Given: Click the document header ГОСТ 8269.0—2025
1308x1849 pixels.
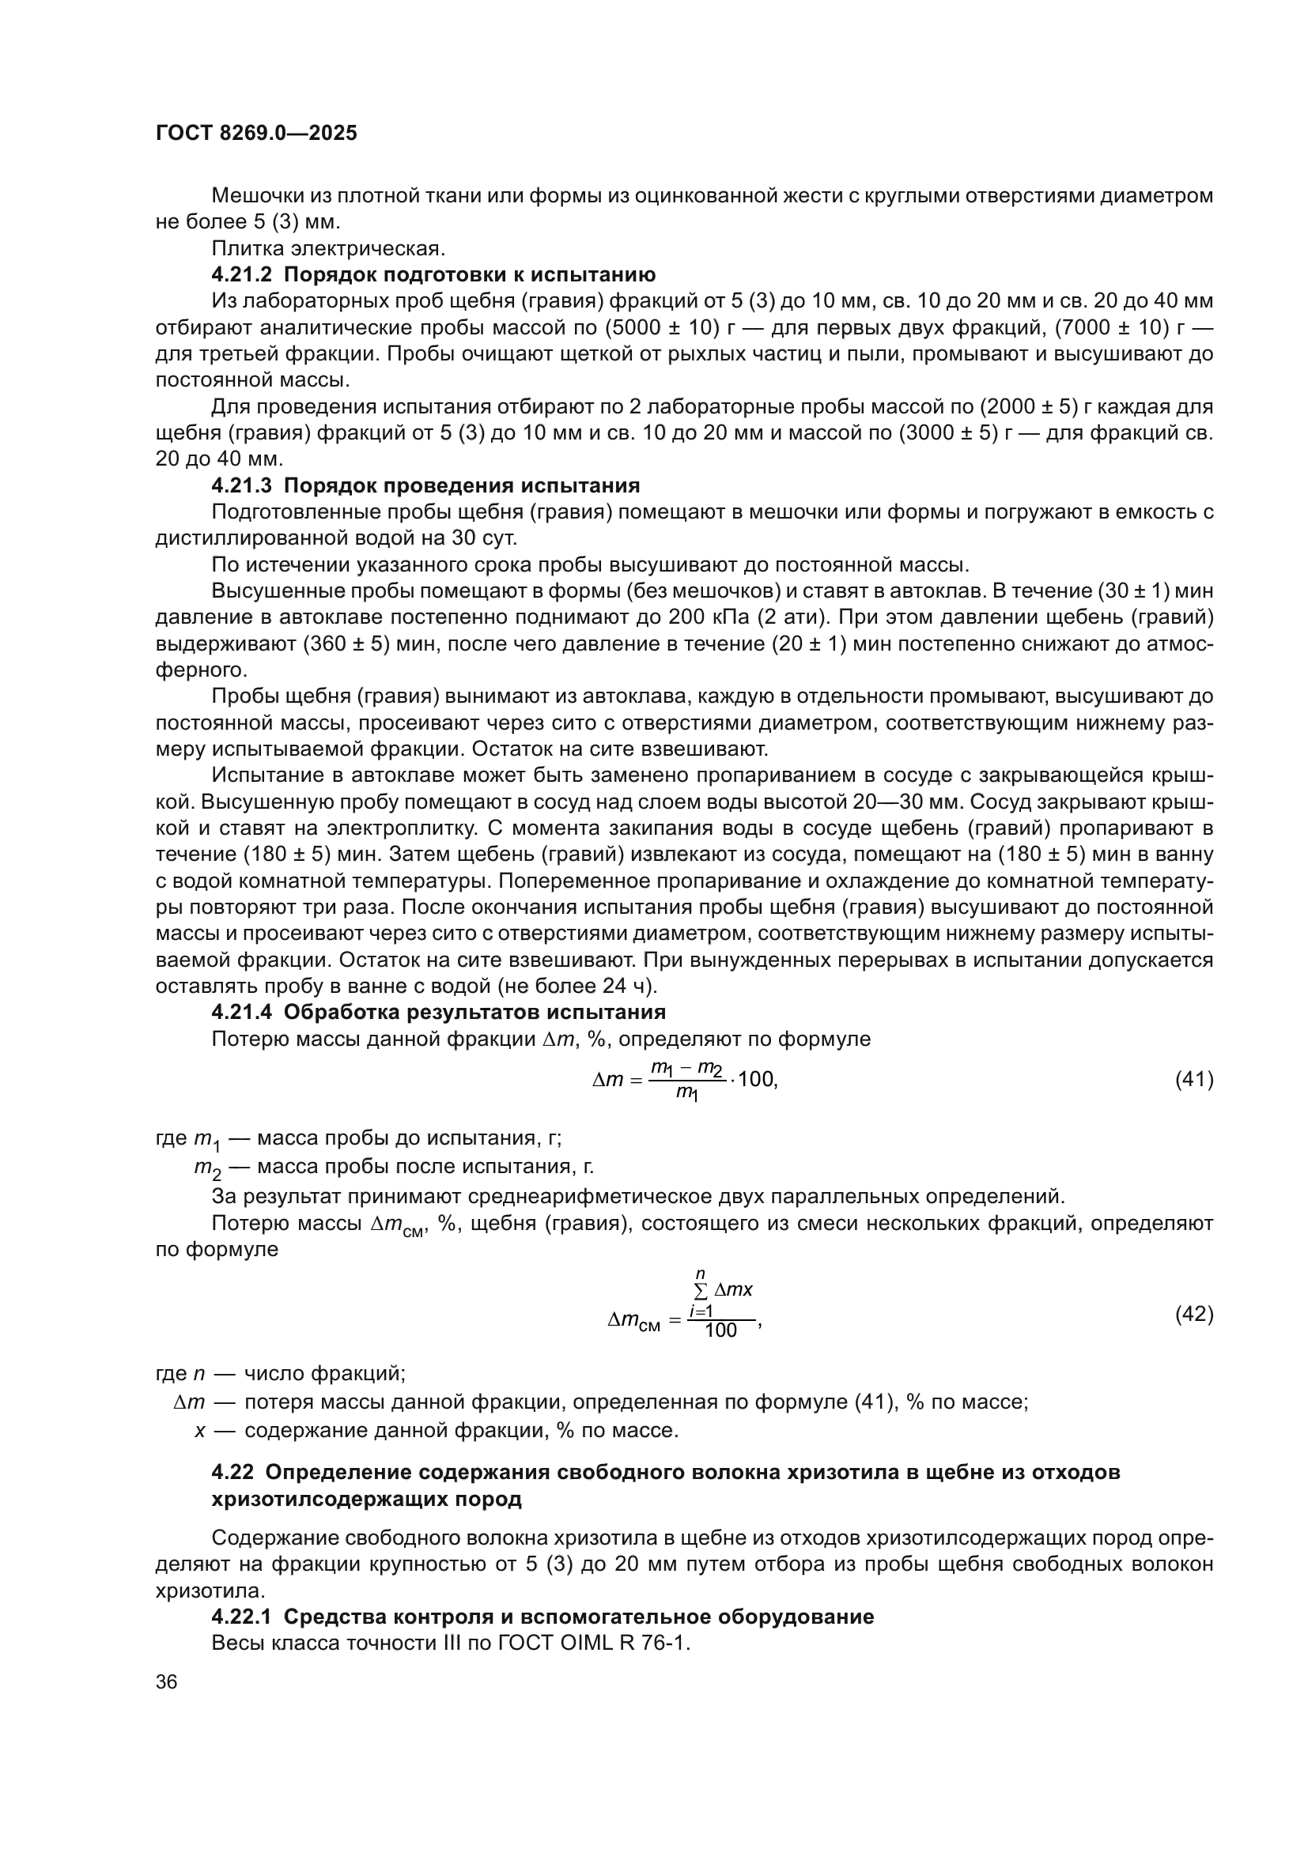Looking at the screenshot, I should point(256,133).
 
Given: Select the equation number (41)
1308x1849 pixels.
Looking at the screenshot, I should point(1193,1079).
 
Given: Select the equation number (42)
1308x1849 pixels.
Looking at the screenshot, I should point(1193,1314).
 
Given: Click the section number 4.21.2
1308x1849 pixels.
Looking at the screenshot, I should point(244,274).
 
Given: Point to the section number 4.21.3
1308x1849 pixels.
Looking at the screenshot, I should point(244,485).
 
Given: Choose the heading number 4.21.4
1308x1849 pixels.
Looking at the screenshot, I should point(244,1013).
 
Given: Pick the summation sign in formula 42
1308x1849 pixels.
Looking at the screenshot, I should point(701,1290).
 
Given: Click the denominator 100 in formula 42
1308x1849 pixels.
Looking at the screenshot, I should point(721,1330).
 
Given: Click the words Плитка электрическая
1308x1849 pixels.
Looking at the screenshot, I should point(328,248).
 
